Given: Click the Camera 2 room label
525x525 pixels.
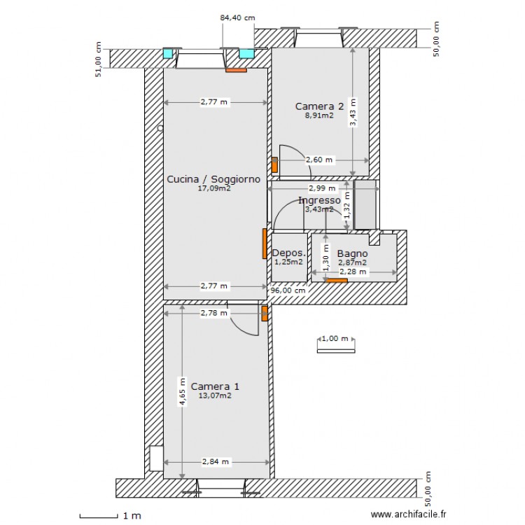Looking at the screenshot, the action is click(319, 106).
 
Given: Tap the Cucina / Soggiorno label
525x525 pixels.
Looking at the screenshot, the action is click(213, 179).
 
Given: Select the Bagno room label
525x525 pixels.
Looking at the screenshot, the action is click(352, 253).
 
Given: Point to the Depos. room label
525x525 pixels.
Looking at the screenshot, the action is click(288, 253).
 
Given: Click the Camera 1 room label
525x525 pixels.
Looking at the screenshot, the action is click(215, 386).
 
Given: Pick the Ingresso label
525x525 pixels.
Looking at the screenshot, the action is click(319, 201).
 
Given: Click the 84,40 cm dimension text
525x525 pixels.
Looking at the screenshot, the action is click(237, 17).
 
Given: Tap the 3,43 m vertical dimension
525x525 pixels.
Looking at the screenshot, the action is click(353, 112).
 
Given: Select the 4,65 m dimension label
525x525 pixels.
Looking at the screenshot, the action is click(182, 392).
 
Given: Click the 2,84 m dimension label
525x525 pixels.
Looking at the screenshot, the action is click(216, 462).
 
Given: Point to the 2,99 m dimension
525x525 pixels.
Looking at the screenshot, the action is click(322, 188).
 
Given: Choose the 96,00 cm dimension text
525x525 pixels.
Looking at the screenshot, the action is click(288, 290).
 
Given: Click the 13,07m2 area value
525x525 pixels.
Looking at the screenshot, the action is click(215, 395).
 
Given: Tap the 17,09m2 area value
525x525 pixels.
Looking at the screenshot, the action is click(214, 188).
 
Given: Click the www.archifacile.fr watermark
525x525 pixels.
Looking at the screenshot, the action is click(409, 514).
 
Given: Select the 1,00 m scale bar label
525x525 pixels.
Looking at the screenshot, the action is click(335, 339).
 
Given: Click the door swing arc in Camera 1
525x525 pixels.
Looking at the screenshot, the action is click(240, 328).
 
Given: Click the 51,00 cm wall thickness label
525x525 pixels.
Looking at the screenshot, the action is click(98, 59).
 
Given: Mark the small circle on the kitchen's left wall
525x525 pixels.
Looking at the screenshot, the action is click(160, 128).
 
